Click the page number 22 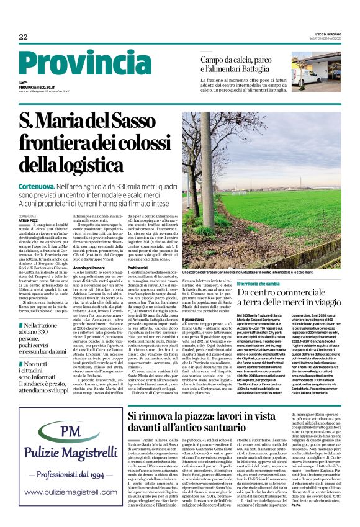23,37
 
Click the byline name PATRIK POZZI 29,220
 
